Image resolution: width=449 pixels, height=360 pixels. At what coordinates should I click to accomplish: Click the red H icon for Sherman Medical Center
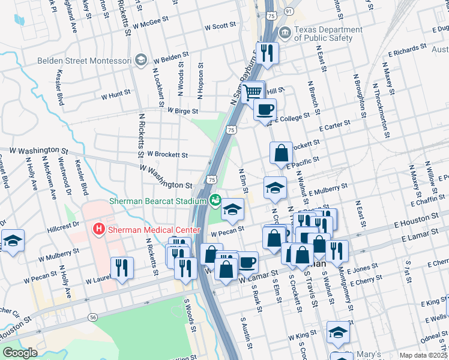(x=97, y=229)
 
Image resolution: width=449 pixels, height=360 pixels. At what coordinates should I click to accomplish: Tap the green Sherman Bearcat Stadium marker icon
(x=215, y=200)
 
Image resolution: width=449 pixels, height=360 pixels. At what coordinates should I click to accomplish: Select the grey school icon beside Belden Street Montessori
(x=140, y=60)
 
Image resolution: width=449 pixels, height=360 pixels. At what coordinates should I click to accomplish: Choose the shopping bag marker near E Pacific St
(x=281, y=154)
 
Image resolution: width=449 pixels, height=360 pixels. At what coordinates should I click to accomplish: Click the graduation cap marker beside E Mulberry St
(x=275, y=188)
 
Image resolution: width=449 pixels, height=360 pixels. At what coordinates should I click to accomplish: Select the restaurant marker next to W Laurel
(x=122, y=268)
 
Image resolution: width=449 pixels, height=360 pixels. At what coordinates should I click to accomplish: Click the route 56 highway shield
(x=92, y=317)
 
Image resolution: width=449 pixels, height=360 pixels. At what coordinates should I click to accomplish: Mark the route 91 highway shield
(x=289, y=11)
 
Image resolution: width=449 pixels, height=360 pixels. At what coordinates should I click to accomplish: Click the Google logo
(x=20, y=353)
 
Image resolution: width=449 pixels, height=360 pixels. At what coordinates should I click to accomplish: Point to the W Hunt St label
(x=115, y=95)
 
